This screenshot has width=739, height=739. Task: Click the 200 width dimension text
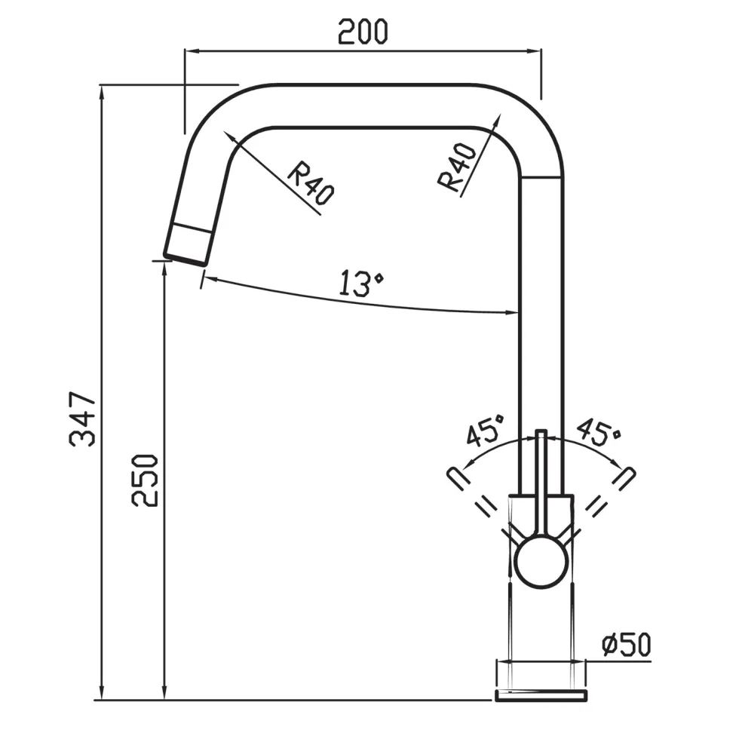click(x=363, y=32)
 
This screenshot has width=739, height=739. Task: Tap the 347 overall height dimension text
click(x=82, y=419)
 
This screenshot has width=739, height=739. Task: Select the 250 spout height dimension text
click(x=145, y=480)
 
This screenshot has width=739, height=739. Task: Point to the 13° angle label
click(x=361, y=283)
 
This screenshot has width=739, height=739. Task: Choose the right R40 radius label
click(x=457, y=167)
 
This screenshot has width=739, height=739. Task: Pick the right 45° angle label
click(x=599, y=431)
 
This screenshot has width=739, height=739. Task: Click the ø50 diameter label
click(x=627, y=645)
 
